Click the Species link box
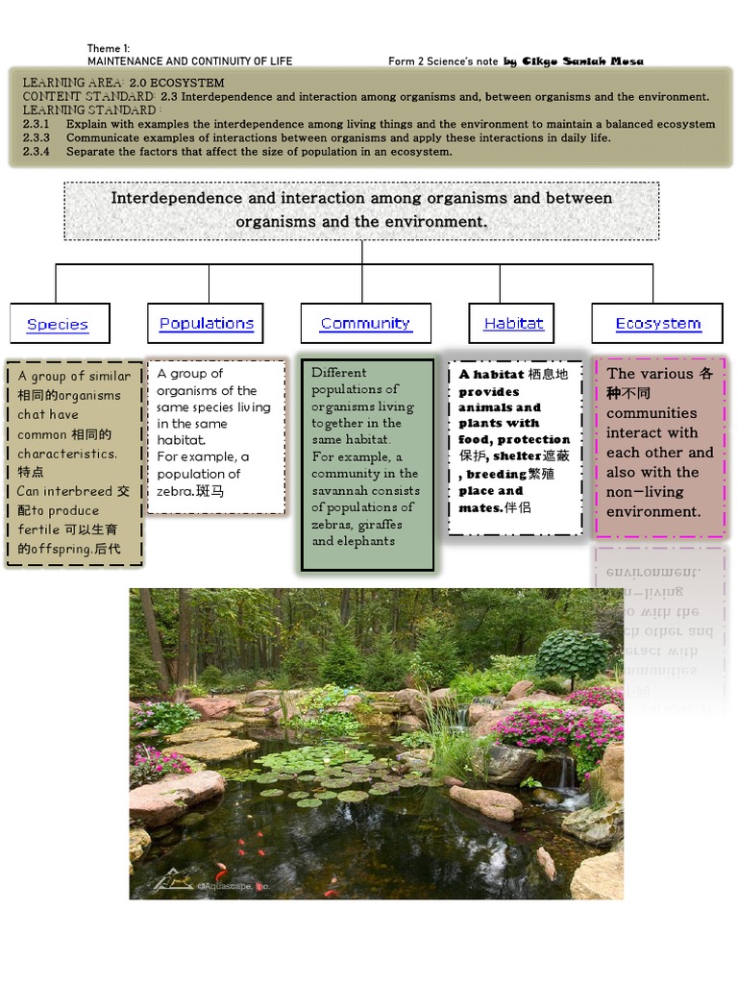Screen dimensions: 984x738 59,324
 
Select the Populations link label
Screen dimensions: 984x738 206,323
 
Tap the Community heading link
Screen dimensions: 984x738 365,323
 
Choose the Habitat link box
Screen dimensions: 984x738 513,323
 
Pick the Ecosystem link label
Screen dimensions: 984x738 658,323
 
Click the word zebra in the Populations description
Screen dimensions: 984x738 176,491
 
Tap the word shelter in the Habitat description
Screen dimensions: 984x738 517,455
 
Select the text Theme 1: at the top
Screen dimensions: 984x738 108,48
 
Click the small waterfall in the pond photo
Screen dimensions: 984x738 568,774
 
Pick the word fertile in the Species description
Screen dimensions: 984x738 39,529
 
